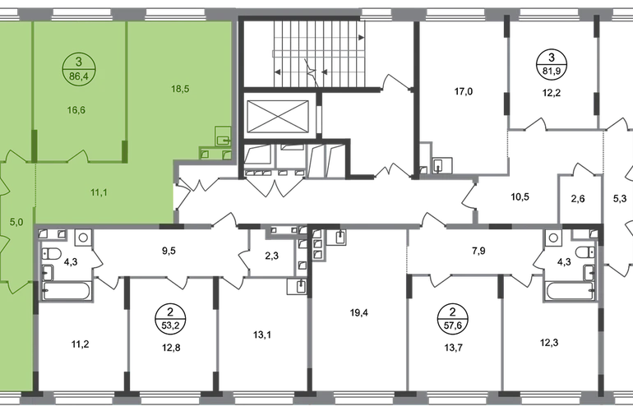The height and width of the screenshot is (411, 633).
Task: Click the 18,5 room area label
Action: tap(180, 89)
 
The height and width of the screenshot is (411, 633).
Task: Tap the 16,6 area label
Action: tap(76, 110)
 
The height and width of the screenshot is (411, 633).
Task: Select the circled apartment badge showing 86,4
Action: tap(79, 69)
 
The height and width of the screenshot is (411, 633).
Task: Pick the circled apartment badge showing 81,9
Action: tap(552, 65)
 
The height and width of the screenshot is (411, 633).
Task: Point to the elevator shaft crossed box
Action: tap(277, 116)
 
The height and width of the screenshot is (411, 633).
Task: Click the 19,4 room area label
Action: tap(358, 312)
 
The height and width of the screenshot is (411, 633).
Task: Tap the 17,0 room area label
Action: tap(463, 91)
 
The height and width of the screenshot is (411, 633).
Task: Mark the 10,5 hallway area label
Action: tap(520, 197)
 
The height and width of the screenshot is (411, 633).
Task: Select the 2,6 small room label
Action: tap(578, 199)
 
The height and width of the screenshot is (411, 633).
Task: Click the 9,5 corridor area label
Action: tap(169, 251)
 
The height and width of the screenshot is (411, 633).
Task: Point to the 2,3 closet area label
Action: tap(271, 256)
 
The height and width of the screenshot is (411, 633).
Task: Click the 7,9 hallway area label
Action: tap(478, 251)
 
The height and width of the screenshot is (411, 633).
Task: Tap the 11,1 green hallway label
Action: tap(99, 192)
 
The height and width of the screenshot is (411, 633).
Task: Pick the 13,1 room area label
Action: tap(262, 335)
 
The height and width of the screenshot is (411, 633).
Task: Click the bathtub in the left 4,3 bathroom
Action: tap(67, 291)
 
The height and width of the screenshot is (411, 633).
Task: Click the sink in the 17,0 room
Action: tap(442, 165)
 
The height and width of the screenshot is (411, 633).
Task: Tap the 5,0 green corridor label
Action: tap(16, 222)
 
